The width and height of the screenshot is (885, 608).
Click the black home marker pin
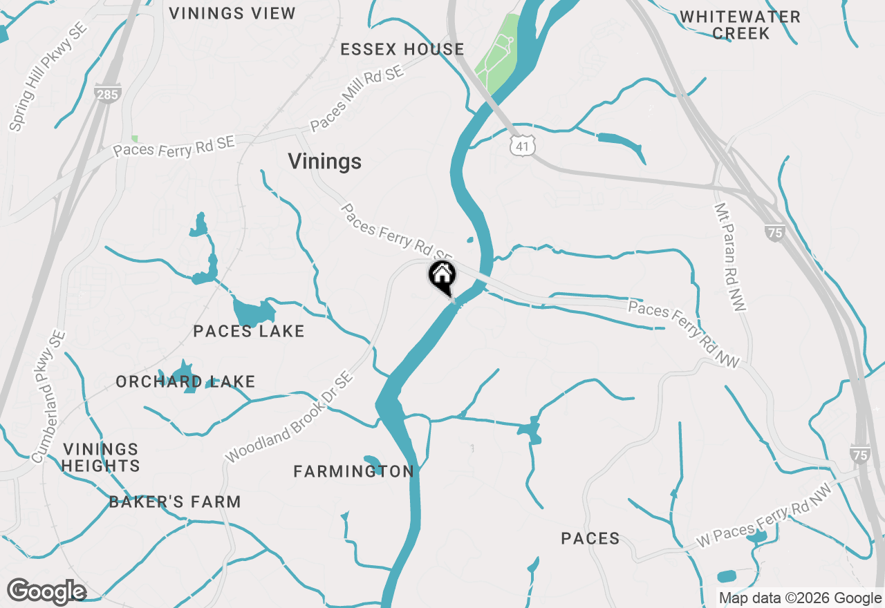[442, 276]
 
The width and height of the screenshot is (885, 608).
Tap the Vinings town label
[324, 161]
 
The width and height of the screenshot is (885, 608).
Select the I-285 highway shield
[107, 93]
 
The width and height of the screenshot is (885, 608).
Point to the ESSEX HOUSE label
[402, 49]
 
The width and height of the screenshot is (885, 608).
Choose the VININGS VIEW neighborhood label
[232, 13]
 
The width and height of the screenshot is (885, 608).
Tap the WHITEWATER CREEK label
[740, 25]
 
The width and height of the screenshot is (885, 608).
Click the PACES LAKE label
[249, 332]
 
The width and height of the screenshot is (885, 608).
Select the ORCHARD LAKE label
[185, 381]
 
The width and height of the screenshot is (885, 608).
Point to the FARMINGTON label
[353, 471]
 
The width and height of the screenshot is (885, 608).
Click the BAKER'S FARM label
[175, 502]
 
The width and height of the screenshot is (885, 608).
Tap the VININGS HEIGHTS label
[100, 457]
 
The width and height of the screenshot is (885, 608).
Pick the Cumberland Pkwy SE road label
[48, 397]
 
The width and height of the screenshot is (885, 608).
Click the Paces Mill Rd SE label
[357, 99]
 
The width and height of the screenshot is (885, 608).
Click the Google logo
[46, 592]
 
